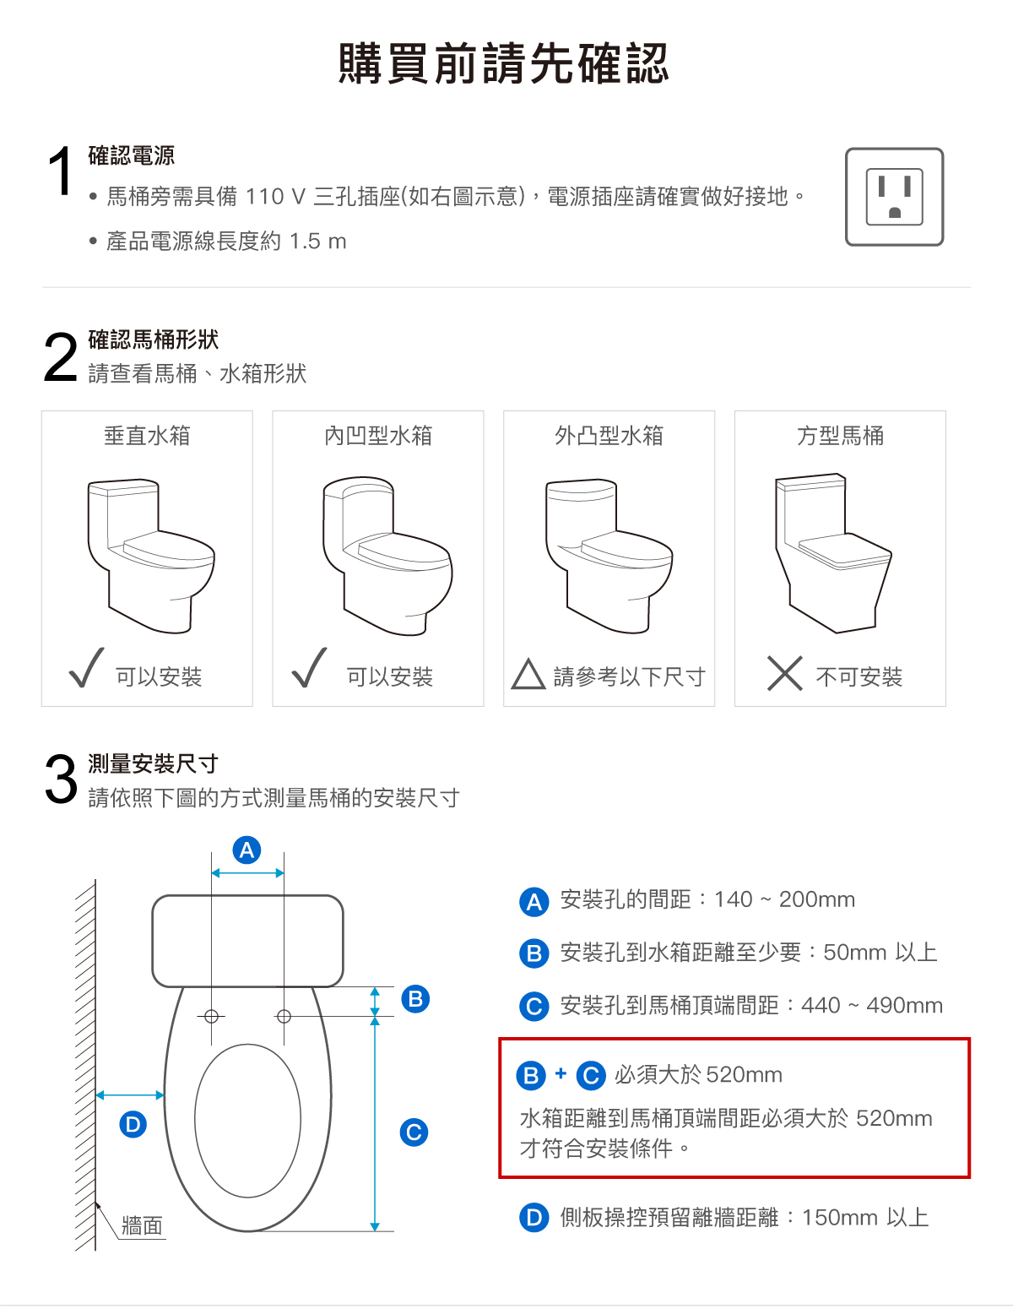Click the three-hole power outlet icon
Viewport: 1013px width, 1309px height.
[894, 197]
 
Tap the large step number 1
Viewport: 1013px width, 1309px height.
[60, 171]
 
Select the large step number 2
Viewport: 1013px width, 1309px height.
[60, 357]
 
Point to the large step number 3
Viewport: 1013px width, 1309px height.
[61, 780]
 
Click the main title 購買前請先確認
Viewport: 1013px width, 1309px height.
[504, 63]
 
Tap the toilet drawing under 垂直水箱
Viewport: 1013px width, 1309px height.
[150, 556]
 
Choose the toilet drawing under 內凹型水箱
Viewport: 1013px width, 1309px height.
[387, 556]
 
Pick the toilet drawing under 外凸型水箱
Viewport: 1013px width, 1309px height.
[609, 556]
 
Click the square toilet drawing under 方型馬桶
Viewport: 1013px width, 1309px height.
[834, 553]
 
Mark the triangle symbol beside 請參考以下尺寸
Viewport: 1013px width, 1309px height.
[528, 674]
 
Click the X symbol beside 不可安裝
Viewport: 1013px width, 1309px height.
[785, 673]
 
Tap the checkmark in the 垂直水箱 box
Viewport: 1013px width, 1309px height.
[86, 667]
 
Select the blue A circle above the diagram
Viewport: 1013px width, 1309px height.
[246, 850]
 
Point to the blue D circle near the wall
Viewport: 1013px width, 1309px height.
[133, 1124]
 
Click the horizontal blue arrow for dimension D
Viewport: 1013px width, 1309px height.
[130, 1094]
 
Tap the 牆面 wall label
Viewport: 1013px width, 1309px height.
[142, 1225]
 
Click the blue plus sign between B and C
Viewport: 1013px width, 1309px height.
[561, 1073]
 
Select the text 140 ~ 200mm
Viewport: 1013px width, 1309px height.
[784, 899]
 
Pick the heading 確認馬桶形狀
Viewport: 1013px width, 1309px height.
[153, 339]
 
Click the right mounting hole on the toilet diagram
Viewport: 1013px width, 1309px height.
[284, 1017]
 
